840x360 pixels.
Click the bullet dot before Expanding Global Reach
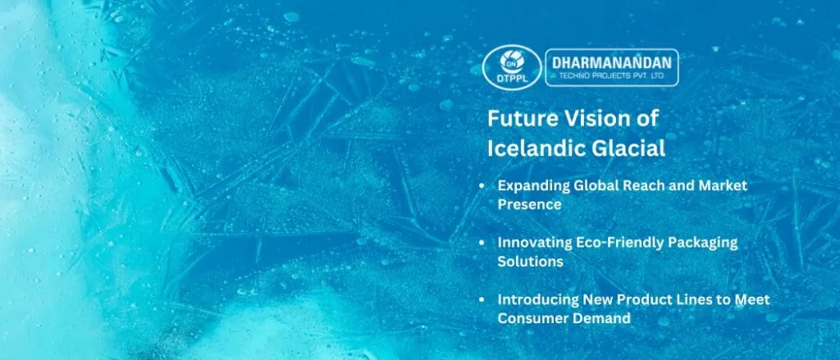click(482, 187)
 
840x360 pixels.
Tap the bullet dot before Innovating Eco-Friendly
click(482, 244)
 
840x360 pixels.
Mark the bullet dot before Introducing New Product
click(482, 300)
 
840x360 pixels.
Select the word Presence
click(529, 205)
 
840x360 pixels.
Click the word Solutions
click(529, 262)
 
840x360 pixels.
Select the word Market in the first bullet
click(722, 186)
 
